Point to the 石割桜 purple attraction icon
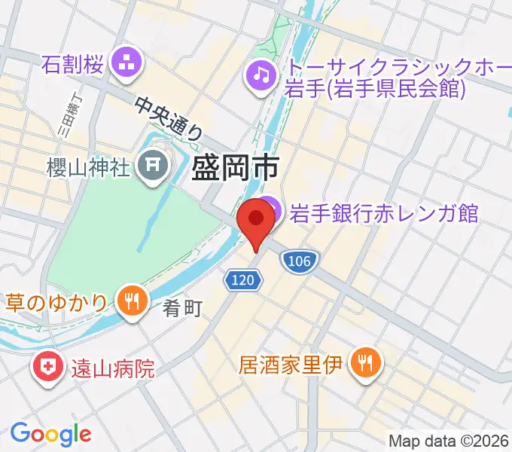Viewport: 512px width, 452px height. [x=125, y=63]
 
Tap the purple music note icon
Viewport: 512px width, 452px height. [x=261, y=75]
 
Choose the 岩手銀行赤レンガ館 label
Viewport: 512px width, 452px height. [x=384, y=212]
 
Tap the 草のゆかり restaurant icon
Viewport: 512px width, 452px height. [x=132, y=300]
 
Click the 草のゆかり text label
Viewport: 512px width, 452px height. [x=59, y=301]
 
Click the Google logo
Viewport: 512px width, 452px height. [x=50, y=433]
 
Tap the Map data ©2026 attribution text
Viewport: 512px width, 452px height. [x=447, y=441]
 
